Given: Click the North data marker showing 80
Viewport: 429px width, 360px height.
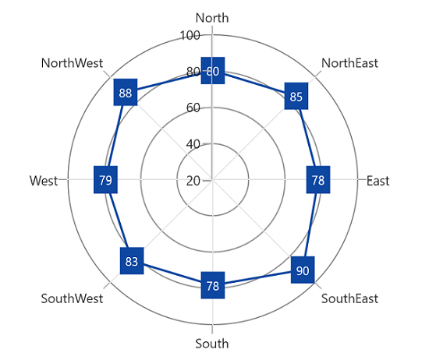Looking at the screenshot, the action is [x=213, y=71].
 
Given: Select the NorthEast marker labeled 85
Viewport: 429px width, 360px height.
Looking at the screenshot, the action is [x=296, y=96].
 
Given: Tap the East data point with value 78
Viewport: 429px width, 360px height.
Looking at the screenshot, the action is [x=318, y=179].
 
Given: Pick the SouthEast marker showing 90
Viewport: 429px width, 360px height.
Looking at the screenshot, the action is [x=303, y=270].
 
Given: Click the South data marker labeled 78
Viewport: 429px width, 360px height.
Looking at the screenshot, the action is [x=213, y=285].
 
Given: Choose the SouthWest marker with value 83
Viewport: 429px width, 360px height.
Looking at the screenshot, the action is [x=132, y=261].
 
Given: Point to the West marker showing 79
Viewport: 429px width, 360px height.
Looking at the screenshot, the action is [x=105, y=179].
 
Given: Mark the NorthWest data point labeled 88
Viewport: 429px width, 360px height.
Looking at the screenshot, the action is [x=126, y=92].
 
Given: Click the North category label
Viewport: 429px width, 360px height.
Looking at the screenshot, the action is [x=212, y=18].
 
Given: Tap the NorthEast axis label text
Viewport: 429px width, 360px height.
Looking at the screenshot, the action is [x=349, y=63].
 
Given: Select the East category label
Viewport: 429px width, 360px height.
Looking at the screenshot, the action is [x=378, y=181].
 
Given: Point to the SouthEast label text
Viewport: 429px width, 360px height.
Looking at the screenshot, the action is [x=349, y=298].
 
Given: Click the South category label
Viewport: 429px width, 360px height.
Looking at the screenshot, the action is [x=212, y=344].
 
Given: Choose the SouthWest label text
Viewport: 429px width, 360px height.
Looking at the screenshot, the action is [x=72, y=298].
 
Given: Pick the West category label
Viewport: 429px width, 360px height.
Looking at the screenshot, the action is [x=44, y=181].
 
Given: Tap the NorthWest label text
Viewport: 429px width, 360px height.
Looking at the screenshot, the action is [x=72, y=63].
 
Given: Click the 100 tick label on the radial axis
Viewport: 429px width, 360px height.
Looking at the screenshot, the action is [x=190, y=36].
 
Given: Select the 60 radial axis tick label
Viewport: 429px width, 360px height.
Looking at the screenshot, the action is [x=193, y=108].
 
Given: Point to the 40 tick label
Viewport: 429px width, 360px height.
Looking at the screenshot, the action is [x=193, y=144].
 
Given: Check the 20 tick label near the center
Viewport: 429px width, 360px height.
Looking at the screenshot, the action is [x=193, y=181].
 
